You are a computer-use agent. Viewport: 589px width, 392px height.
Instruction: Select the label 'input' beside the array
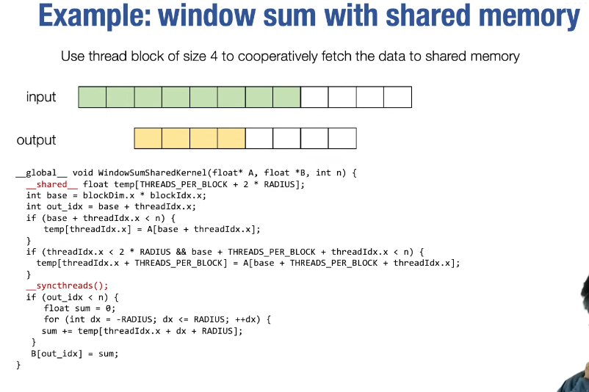(x=41, y=97)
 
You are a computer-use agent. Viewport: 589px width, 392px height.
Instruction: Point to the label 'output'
(x=36, y=140)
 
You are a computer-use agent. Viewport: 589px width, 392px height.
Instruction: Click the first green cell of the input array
(x=93, y=97)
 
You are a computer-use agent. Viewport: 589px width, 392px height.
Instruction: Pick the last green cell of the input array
(x=287, y=97)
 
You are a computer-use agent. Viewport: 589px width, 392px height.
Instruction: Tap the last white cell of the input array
(x=398, y=97)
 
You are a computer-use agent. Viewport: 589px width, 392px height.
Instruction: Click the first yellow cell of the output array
(x=148, y=138)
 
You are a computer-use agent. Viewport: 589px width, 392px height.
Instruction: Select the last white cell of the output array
(x=342, y=138)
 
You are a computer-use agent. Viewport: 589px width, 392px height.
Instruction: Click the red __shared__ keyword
(x=52, y=184)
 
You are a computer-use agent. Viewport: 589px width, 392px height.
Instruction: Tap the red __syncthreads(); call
(x=67, y=286)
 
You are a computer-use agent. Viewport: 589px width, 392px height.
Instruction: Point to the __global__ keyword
(x=41, y=173)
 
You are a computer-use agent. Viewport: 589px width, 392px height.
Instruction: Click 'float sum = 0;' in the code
(x=79, y=308)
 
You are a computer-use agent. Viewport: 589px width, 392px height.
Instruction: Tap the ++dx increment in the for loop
(x=245, y=319)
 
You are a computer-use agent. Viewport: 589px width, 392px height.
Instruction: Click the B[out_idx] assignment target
(x=57, y=354)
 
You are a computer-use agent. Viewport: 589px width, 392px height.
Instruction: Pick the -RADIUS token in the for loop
(x=134, y=319)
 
